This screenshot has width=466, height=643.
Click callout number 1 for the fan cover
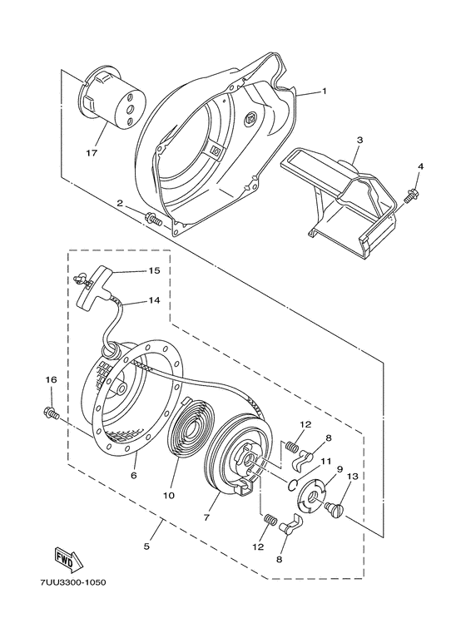click(x=325, y=92)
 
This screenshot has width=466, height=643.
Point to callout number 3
click(x=359, y=141)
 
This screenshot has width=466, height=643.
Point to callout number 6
click(x=133, y=475)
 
